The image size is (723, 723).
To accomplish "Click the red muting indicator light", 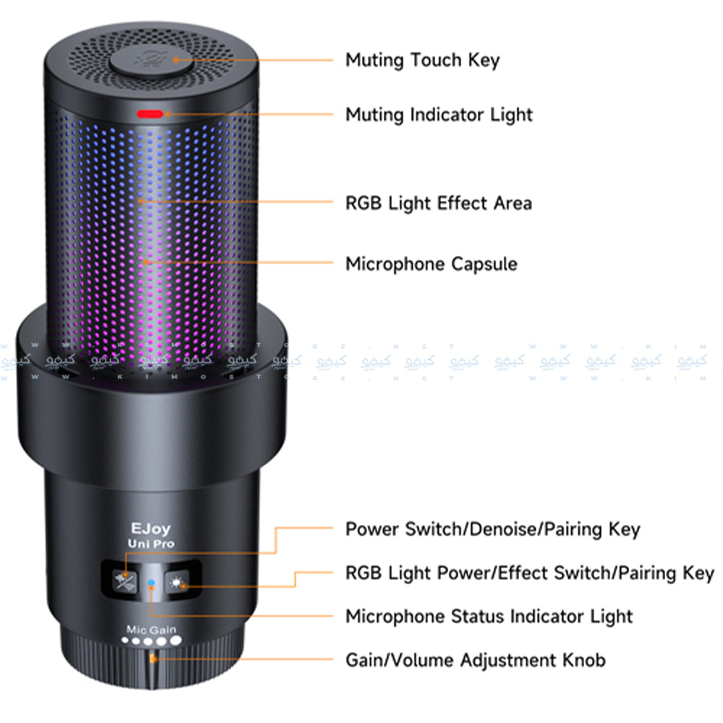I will click(151, 114).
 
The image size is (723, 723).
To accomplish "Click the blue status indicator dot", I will click(150, 582).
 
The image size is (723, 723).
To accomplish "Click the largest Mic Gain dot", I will click(176, 641).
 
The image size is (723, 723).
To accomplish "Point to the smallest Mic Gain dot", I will click(125, 640).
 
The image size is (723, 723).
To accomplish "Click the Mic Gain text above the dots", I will click(150, 629).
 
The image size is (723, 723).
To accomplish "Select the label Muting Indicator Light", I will click(439, 114).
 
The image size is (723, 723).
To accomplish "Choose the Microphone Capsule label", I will click(431, 264).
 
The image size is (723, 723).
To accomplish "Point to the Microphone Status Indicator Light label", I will click(489, 617).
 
